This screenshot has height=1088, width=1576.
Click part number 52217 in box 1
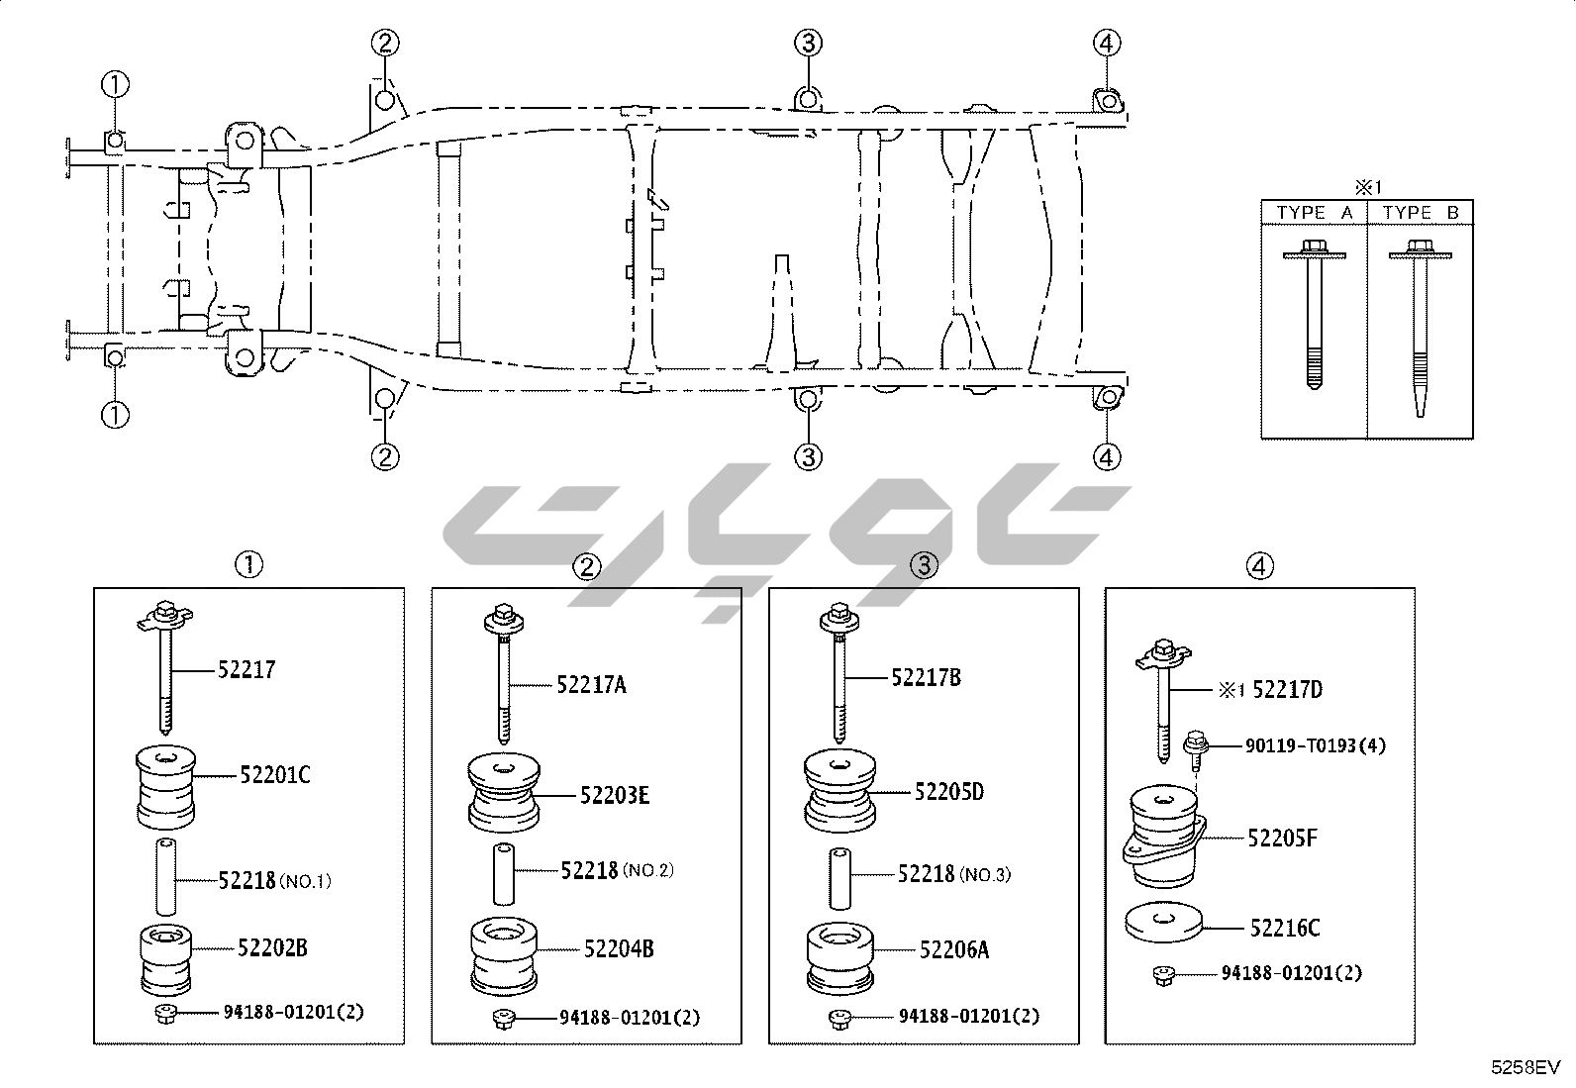click(x=246, y=669)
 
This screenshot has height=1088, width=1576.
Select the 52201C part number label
click(x=275, y=775)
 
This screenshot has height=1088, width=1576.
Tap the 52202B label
click(x=272, y=948)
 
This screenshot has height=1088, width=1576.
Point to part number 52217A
click(x=591, y=684)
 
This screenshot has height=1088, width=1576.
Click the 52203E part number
click(x=614, y=795)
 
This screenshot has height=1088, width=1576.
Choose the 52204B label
click(x=619, y=948)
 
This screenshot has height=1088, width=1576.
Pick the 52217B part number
click(x=926, y=677)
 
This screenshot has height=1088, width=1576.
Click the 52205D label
click(x=949, y=792)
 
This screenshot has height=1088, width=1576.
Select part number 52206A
click(x=954, y=949)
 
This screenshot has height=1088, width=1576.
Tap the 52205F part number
click(x=1282, y=838)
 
